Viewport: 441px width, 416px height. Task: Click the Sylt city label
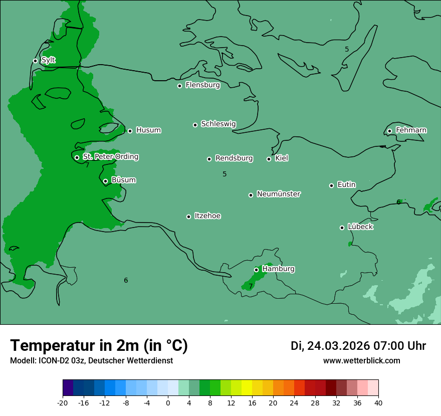(x=48, y=60)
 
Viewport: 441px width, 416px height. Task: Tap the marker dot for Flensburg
(x=179, y=86)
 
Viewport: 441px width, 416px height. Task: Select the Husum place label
(x=148, y=130)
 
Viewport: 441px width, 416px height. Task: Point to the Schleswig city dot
(x=195, y=125)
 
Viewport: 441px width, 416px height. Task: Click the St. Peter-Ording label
(x=110, y=157)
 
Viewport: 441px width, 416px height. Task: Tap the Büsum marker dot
(x=105, y=181)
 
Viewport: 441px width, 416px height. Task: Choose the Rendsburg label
(x=234, y=158)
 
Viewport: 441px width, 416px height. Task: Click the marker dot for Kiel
(x=269, y=159)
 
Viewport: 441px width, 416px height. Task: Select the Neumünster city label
(x=279, y=194)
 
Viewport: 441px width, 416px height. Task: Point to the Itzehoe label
(x=207, y=216)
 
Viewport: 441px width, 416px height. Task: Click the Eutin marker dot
(x=331, y=185)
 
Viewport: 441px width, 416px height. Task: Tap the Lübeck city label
(x=360, y=227)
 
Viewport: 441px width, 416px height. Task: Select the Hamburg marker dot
(x=256, y=270)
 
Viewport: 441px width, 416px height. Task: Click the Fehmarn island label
(x=411, y=130)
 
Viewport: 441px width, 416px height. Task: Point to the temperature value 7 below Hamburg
(x=251, y=287)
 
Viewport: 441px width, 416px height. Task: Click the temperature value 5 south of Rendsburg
(x=225, y=174)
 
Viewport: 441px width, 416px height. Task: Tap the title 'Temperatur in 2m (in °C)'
(x=99, y=345)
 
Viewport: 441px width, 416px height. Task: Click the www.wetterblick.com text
(x=361, y=360)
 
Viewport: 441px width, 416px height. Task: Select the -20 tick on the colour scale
(x=63, y=402)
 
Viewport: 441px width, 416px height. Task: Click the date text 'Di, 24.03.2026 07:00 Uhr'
(x=358, y=346)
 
